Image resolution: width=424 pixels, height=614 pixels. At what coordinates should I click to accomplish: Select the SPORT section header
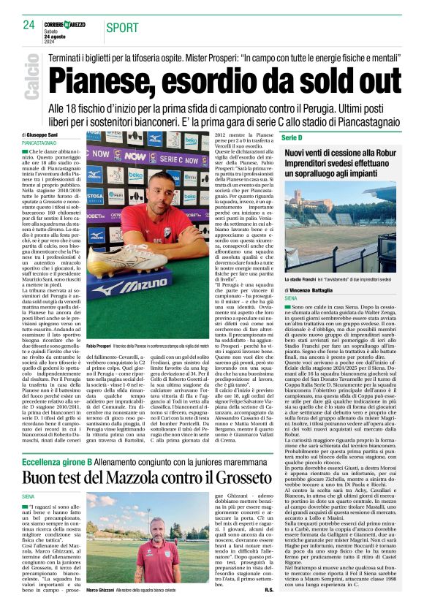coord(121,28)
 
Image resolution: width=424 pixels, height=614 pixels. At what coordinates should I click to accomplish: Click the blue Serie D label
coord(292,137)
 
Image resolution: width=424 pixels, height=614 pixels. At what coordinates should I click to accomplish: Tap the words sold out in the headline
coord(334,78)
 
